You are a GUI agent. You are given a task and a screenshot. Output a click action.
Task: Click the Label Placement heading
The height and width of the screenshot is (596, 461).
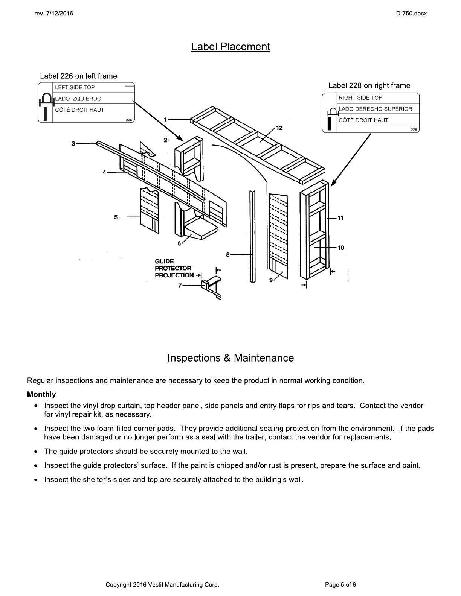(x=230, y=47)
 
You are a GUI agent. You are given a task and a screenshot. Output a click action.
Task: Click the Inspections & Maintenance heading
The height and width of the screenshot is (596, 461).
(x=230, y=358)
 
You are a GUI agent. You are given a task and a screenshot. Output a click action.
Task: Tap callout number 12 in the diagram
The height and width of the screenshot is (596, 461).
(x=279, y=128)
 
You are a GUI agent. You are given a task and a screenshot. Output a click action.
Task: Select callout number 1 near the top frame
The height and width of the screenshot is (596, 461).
(x=165, y=120)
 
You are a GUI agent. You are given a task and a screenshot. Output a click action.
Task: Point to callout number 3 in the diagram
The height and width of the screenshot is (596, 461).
(x=73, y=143)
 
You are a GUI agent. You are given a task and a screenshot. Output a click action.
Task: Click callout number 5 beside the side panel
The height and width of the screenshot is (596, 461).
(x=116, y=217)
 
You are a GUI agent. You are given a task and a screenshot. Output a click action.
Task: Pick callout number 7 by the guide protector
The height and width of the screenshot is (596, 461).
(x=180, y=286)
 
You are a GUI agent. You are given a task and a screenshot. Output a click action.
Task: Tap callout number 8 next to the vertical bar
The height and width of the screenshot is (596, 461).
(x=228, y=255)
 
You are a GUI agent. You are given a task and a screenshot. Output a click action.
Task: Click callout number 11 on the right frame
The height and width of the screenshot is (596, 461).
(x=340, y=218)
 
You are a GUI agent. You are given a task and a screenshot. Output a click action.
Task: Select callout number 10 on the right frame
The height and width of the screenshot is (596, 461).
(x=341, y=248)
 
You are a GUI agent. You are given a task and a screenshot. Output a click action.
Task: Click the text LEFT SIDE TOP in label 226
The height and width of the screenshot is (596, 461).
(x=75, y=87)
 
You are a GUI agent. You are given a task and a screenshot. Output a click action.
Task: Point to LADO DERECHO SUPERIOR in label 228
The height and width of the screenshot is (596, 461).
(x=375, y=109)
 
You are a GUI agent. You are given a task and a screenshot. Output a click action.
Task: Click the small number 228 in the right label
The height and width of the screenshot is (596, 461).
(x=414, y=130)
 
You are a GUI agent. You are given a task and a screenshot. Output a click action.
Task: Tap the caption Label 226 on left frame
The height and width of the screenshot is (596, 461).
(x=78, y=76)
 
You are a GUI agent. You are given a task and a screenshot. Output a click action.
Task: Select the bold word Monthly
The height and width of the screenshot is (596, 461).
(x=41, y=394)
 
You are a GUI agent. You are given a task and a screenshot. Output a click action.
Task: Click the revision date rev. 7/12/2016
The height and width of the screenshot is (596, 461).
(x=53, y=14)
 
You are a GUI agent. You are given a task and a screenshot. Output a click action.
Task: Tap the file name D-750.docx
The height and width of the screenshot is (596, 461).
(x=411, y=14)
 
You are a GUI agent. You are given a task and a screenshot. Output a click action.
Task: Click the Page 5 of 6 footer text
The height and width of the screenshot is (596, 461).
(x=340, y=584)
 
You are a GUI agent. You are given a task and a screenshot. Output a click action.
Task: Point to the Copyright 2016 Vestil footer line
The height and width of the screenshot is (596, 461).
(x=162, y=584)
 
